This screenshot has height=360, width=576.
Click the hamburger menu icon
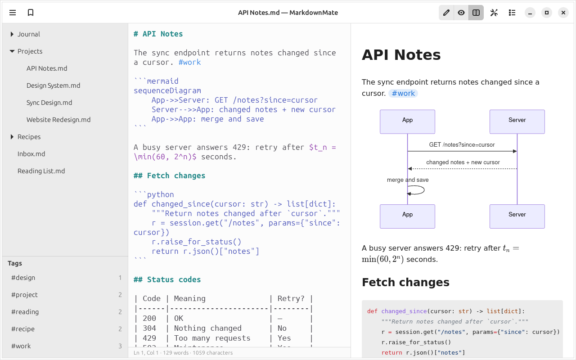(x=13, y=13)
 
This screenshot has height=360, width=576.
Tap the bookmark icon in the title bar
(x=31, y=13)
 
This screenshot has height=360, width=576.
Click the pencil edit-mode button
(x=446, y=13)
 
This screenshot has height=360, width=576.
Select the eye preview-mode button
(x=461, y=13)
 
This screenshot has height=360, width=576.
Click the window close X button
(x=563, y=13)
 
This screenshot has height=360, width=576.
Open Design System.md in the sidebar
(x=53, y=85)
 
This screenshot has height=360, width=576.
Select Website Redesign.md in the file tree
(x=58, y=120)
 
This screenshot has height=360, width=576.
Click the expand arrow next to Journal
(x=12, y=34)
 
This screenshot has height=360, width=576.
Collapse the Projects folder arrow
(x=12, y=51)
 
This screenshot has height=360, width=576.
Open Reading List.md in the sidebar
(x=41, y=171)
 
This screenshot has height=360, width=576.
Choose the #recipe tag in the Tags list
(x=23, y=329)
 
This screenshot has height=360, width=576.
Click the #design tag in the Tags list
(x=23, y=278)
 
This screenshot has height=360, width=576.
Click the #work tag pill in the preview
(x=403, y=93)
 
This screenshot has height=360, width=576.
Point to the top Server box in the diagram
(x=517, y=121)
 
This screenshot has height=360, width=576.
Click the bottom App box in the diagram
(x=407, y=216)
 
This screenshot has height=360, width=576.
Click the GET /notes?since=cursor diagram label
(x=462, y=145)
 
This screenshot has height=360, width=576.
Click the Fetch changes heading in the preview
(x=405, y=282)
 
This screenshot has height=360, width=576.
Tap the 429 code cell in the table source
(x=149, y=338)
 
